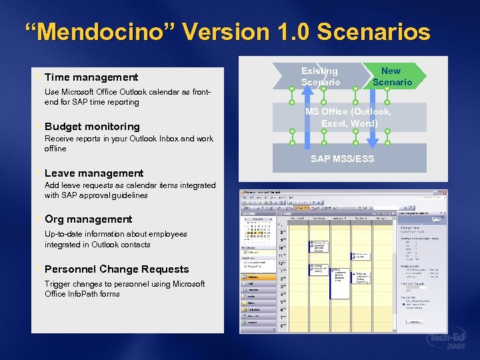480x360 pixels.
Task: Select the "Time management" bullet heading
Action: [x=91, y=77]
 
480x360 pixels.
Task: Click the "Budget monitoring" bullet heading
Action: [x=92, y=127]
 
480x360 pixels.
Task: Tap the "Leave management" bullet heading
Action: [x=94, y=173]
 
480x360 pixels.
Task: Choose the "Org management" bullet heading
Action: [x=88, y=219]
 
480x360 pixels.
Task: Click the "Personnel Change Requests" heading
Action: [x=117, y=269]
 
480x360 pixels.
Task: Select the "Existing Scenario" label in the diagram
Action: [x=320, y=76]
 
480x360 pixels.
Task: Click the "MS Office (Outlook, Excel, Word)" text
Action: [x=349, y=117]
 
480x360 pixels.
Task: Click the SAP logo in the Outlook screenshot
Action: [x=437, y=219]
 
